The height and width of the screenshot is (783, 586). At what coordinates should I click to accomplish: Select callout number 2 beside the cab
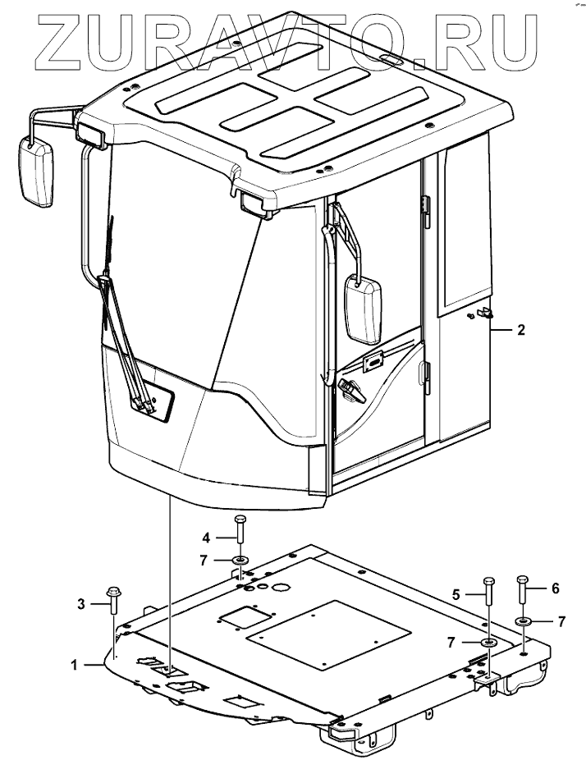(x=520, y=331)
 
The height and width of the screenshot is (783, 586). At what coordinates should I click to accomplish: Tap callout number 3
(x=81, y=604)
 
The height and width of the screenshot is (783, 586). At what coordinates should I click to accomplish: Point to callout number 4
(x=207, y=538)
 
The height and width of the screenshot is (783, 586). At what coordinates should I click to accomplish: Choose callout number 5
(x=457, y=592)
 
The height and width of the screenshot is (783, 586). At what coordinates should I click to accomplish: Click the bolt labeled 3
(x=112, y=602)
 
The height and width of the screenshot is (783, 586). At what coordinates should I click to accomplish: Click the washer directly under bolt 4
(x=240, y=561)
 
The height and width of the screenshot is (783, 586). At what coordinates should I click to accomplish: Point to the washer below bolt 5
(x=488, y=641)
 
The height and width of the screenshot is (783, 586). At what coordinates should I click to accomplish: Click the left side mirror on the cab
(x=35, y=172)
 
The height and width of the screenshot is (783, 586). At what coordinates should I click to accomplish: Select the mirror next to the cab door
(x=363, y=309)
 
